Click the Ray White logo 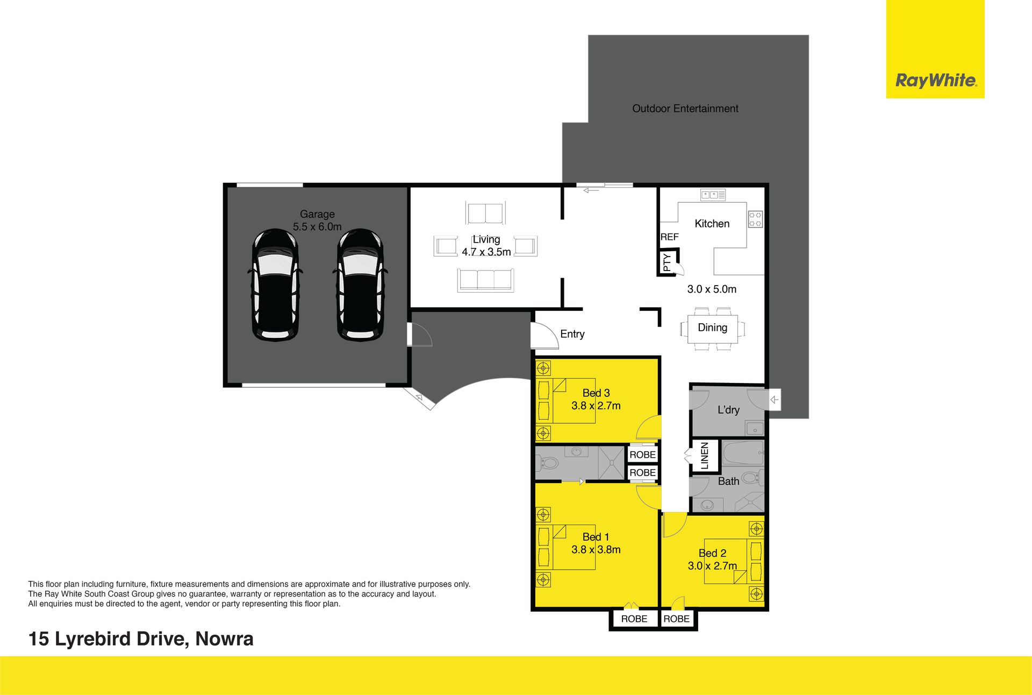click(x=935, y=81)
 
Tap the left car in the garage click(x=275, y=285)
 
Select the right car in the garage click(x=360, y=285)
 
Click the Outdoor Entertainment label click(x=685, y=109)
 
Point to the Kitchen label click(x=712, y=224)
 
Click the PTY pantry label click(x=667, y=262)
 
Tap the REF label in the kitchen click(x=670, y=237)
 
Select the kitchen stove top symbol click(x=755, y=219)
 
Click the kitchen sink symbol click(x=713, y=195)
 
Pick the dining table click(x=713, y=329)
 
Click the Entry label click(x=572, y=334)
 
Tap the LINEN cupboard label click(x=705, y=456)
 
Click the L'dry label click(x=729, y=410)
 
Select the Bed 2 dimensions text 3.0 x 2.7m click(x=713, y=566)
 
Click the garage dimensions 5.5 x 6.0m click(x=317, y=227)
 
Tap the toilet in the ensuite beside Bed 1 click(x=548, y=462)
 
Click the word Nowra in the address click(x=225, y=639)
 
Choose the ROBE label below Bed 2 click(x=676, y=619)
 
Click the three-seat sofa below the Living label click(x=485, y=280)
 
